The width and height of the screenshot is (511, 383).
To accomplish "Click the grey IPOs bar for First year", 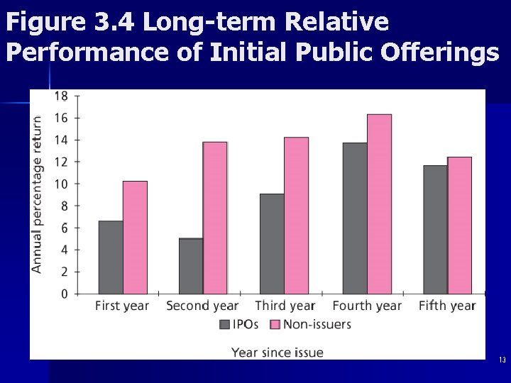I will (x=111, y=257).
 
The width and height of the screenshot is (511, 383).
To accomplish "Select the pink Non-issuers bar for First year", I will (x=135, y=238).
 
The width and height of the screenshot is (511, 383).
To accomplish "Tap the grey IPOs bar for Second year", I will (x=191, y=266).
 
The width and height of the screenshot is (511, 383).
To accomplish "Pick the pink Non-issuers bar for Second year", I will (x=215, y=218).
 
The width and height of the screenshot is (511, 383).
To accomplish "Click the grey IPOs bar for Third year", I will (x=272, y=244).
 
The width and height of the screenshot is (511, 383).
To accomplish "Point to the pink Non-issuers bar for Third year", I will (x=296, y=216).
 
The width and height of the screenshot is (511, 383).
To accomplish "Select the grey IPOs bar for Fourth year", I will (x=355, y=218).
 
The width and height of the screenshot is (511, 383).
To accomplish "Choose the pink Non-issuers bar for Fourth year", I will (x=379, y=204).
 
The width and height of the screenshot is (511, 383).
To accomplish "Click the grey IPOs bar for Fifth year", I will (x=435, y=230).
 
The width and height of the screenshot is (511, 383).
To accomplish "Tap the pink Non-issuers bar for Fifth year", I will (x=459, y=226).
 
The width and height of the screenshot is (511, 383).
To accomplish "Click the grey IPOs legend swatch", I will (x=225, y=325).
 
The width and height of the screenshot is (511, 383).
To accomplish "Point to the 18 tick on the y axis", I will (x=62, y=96).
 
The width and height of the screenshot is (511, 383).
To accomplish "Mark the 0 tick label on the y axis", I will (x=65, y=294).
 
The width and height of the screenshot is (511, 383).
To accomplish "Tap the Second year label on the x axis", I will (x=202, y=306).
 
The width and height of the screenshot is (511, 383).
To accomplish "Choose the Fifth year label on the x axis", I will (x=447, y=306).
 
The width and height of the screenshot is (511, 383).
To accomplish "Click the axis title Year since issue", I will (x=278, y=353).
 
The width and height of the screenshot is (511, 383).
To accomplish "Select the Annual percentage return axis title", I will (x=37, y=194).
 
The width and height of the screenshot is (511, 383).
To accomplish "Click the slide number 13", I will (x=502, y=360).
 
